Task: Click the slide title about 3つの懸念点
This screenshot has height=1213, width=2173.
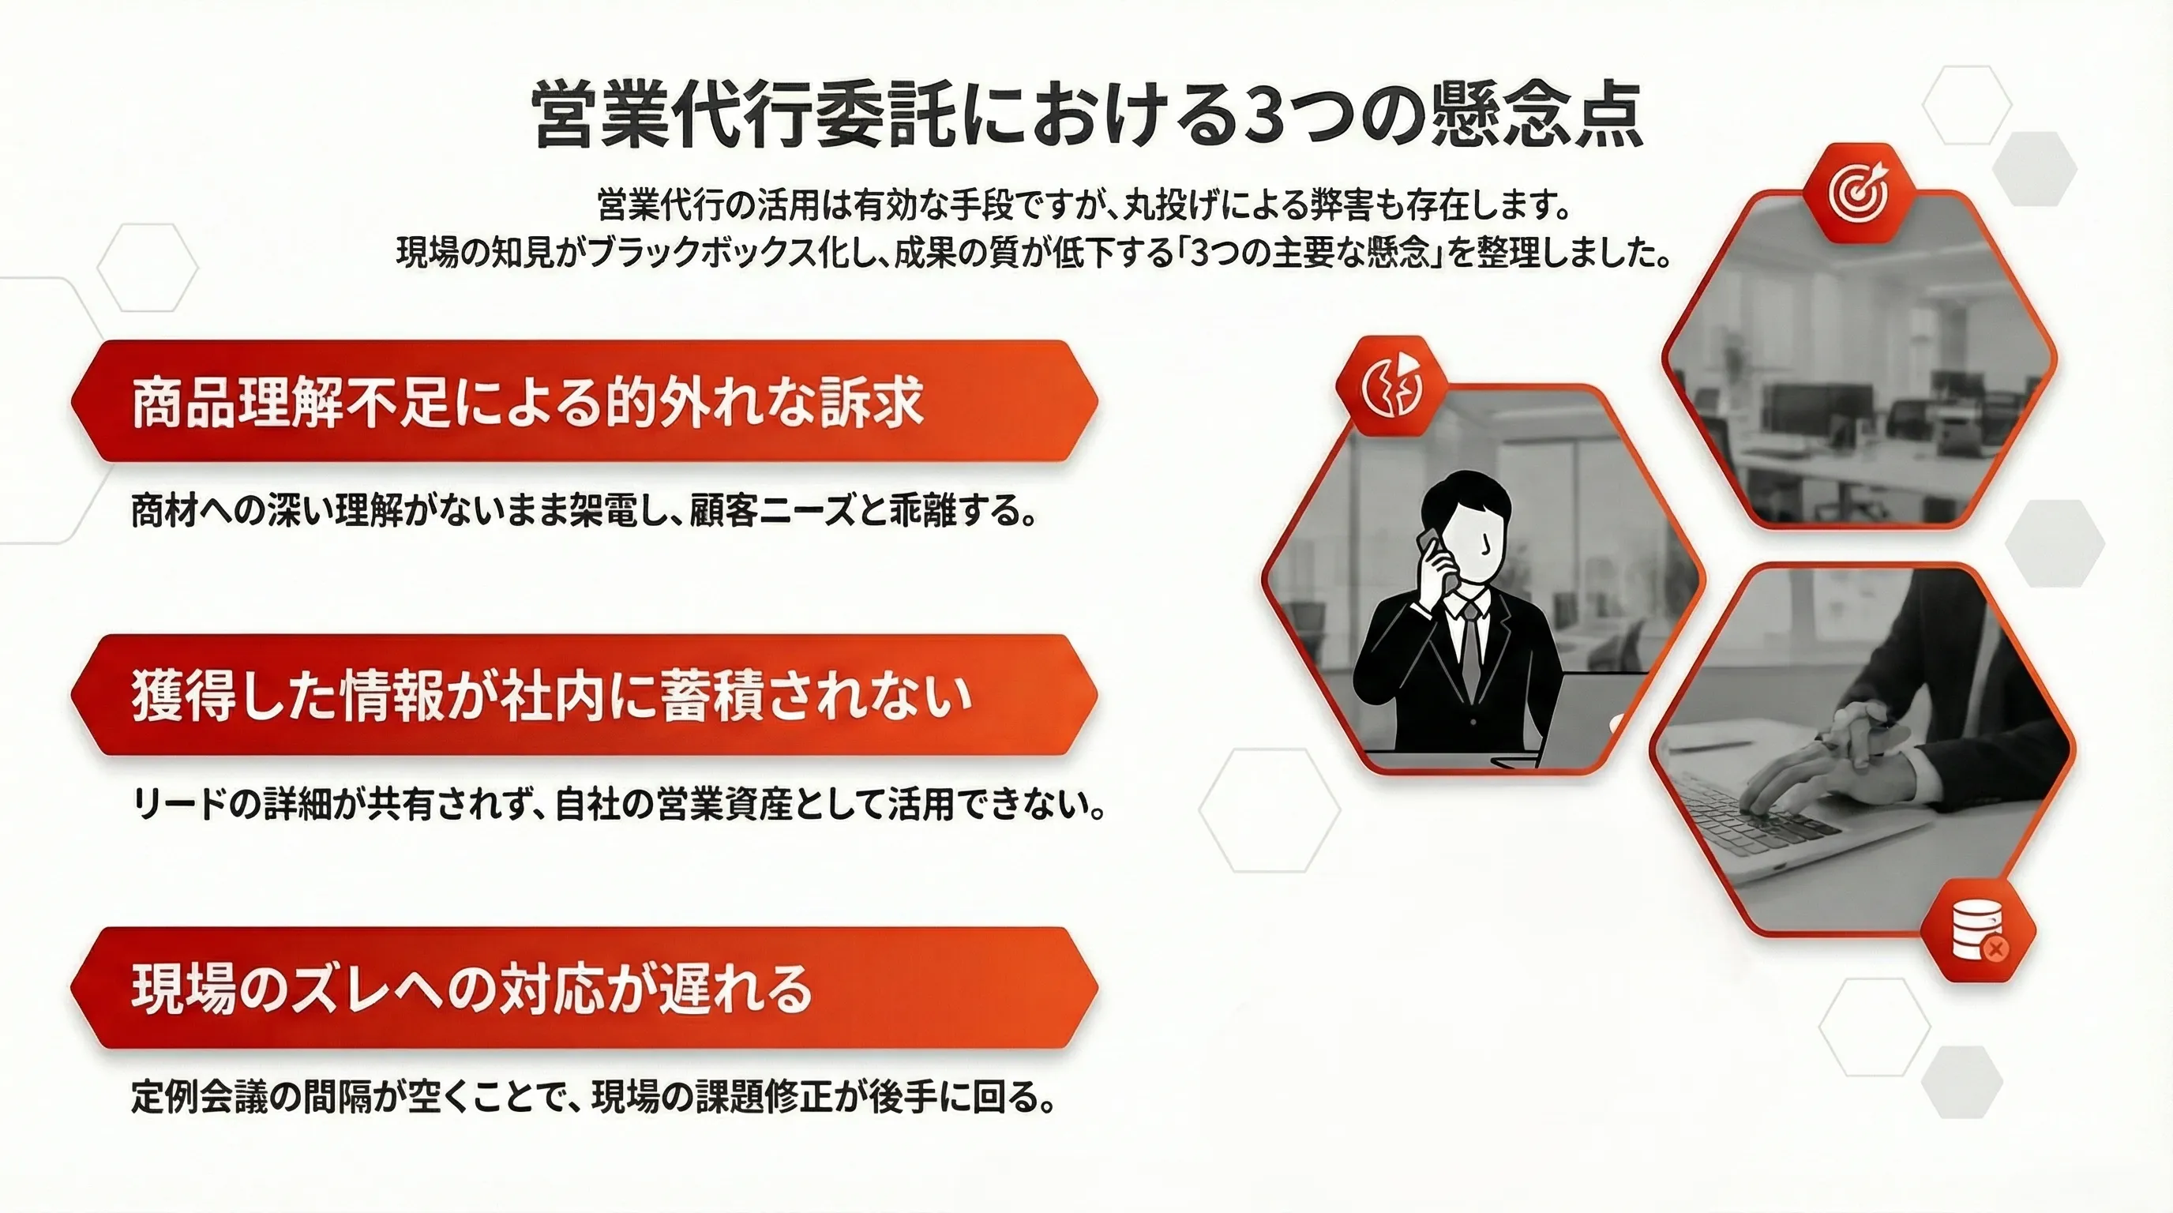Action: tap(1087, 115)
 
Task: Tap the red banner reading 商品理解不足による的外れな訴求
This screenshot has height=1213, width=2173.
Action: tap(584, 401)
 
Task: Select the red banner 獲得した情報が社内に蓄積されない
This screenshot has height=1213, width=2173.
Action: tap(584, 695)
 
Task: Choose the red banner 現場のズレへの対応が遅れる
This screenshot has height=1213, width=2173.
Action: tap(584, 989)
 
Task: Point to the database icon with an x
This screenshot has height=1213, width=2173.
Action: tap(1977, 930)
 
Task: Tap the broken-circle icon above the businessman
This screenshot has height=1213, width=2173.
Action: tap(1392, 387)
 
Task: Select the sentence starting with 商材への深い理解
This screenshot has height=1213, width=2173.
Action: tap(584, 511)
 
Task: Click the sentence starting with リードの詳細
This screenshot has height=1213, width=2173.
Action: tap(618, 804)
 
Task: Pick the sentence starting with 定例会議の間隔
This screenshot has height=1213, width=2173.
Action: tap(594, 1097)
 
